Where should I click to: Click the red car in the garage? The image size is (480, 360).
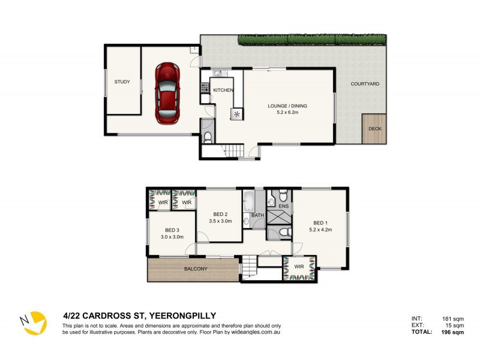pyautogui.click(x=168, y=93)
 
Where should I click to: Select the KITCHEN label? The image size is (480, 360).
pyautogui.click(x=223, y=90)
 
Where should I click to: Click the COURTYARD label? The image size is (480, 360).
pyautogui.click(x=365, y=84)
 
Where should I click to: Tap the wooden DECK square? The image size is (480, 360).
pyautogui.click(x=374, y=128)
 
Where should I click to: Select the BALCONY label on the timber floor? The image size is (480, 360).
pyautogui.click(x=196, y=269)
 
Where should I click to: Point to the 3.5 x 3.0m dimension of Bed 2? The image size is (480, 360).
pyautogui.click(x=220, y=221)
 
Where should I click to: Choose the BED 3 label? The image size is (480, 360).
pyautogui.click(x=172, y=230)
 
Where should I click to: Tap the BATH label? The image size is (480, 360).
pyautogui.click(x=257, y=214)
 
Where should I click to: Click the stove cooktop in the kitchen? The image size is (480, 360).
pyautogui.click(x=204, y=89)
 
